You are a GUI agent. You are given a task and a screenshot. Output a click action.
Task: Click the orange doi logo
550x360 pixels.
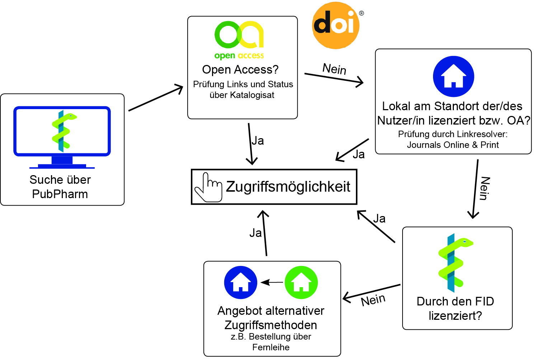click(x=335, y=25)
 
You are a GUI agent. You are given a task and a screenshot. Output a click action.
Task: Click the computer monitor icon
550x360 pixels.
click(x=62, y=136)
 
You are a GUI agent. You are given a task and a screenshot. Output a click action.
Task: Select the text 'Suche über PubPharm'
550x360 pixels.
click(x=60, y=187)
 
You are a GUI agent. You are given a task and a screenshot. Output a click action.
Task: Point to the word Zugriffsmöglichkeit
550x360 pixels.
click(x=288, y=187)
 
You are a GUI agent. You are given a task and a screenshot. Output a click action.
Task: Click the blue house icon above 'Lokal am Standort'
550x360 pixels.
click(x=453, y=76)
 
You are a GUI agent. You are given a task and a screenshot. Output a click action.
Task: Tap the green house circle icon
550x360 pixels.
click(x=301, y=282)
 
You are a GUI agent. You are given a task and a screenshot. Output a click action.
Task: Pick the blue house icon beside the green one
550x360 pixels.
click(x=241, y=282)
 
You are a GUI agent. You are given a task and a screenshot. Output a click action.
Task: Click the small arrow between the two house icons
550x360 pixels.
click(x=271, y=282)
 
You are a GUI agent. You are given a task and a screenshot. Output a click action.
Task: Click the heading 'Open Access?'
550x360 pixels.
click(x=240, y=69)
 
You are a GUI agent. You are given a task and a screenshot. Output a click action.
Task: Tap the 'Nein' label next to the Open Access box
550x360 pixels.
click(x=334, y=68)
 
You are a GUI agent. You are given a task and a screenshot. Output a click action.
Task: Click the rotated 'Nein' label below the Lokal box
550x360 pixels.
click(x=485, y=188)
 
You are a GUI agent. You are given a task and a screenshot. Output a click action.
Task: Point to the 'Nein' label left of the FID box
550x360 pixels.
click(x=373, y=300)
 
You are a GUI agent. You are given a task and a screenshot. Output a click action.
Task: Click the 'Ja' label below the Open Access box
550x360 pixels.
click(x=258, y=141)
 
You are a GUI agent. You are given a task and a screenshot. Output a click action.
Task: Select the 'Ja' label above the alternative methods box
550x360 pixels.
click(x=255, y=233)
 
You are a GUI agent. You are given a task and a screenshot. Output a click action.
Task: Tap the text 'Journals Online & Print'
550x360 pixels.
click(x=453, y=145)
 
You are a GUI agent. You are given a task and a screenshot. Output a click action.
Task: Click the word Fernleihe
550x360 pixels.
click(x=271, y=347)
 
